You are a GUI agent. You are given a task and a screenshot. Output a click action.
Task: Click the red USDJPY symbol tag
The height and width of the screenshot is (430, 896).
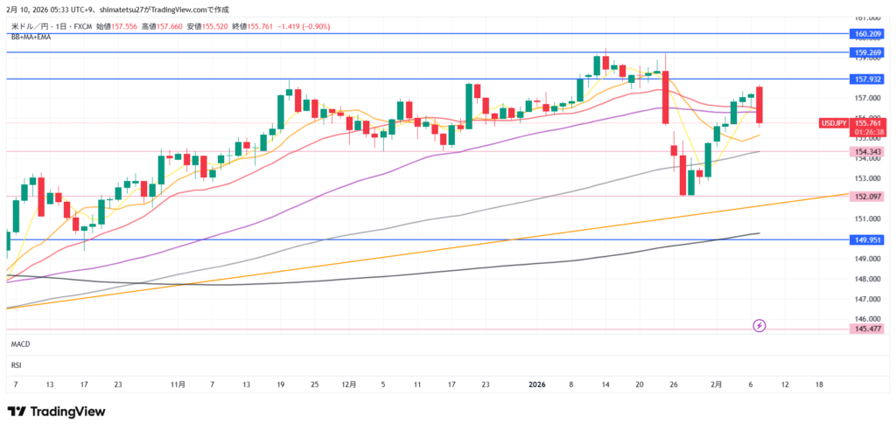point(833,123)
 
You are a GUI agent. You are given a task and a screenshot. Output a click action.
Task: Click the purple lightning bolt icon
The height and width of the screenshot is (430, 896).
point(759,326)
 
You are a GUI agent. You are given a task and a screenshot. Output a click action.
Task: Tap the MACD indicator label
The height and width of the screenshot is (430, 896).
point(21,345)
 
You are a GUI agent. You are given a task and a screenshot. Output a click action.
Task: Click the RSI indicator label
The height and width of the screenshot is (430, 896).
point(16,364)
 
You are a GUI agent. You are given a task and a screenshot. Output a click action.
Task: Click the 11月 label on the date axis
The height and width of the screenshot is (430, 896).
point(178,385)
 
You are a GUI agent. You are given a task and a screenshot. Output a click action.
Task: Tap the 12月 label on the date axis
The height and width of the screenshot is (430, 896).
point(349,385)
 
